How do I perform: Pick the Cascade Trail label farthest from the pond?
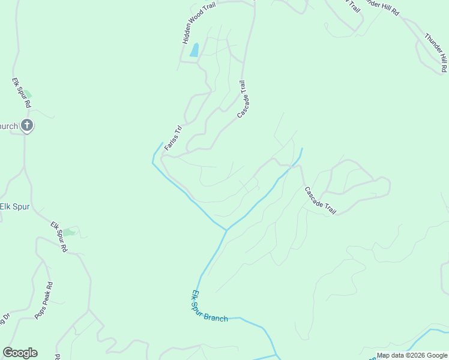coord(320,201)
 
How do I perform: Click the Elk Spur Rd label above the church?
coord(22,92)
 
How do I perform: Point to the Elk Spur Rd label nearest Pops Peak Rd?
coord(59,236)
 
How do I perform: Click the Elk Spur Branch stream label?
coord(209,307)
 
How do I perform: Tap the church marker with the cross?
coord(26,125)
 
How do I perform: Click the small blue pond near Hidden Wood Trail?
coord(194,50)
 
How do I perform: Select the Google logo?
coord(20,353)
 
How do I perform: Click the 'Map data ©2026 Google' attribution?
coord(412,355)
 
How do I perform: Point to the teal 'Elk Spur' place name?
coord(14,206)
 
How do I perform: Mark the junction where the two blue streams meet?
coord(226,229)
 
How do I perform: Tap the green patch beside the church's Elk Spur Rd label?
coord(27,94)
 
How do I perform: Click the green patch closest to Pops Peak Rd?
coord(69,232)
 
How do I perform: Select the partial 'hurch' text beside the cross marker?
coord(9,126)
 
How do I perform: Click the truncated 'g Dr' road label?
coord(5,319)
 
